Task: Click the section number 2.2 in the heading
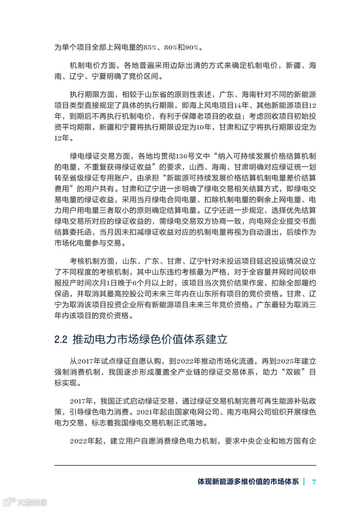[x=61, y=340]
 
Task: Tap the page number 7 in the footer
[x=314, y=482]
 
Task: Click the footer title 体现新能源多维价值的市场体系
[x=248, y=482]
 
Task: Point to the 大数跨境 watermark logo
[x=25, y=502]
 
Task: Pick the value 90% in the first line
[x=192, y=48]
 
